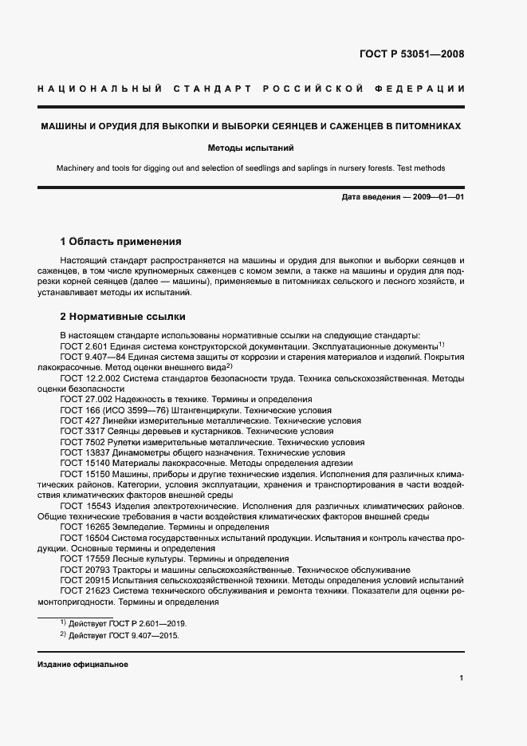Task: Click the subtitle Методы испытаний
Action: tap(250, 148)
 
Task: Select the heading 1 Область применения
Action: tap(121, 241)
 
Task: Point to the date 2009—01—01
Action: tap(436, 196)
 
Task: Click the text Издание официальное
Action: tap(83, 664)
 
